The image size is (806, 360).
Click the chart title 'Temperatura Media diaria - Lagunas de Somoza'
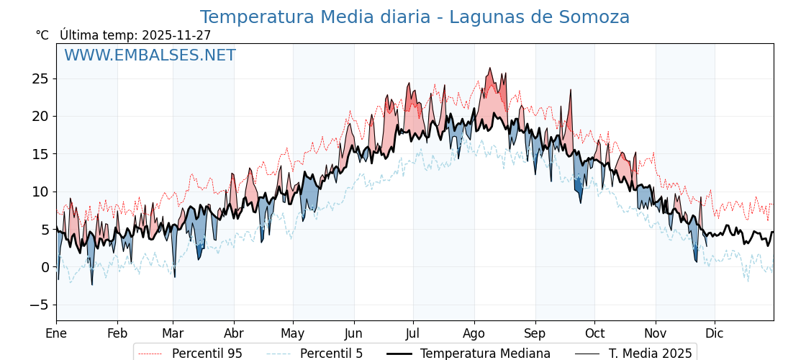[x=415, y=17]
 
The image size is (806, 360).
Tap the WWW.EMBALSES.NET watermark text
[x=150, y=55]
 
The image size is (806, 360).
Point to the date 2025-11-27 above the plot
[x=176, y=35]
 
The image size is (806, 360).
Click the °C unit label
[x=42, y=35]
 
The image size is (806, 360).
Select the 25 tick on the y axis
[x=40, y=78]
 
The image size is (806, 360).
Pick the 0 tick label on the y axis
[x=44, y=267]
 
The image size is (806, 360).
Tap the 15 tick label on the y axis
[x=40, y=154]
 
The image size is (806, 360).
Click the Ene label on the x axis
[x=56, y=334]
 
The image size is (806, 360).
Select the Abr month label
[x=234, y=334]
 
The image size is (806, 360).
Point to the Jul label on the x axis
[x=413, y=334]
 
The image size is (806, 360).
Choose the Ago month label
[x=474, y=334]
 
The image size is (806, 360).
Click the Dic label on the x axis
[x=715, y=334]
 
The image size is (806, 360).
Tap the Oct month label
[x=594, y=334]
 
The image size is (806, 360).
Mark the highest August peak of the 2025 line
[x=490, y=68]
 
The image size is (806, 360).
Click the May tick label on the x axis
[x=293, y=334]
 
